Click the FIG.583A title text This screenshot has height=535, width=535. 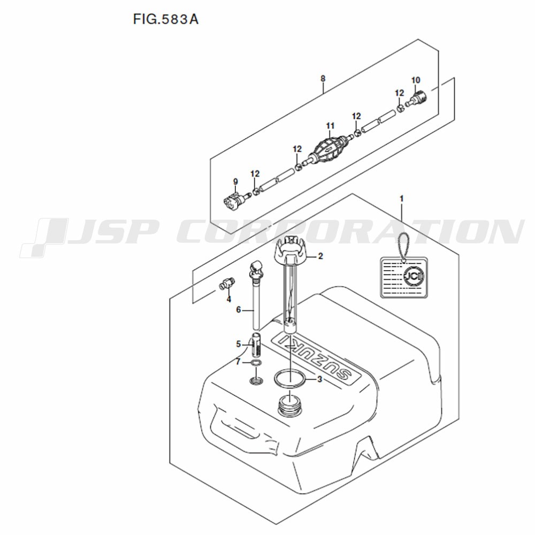[165, 19]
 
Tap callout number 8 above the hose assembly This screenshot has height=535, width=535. [323, 79]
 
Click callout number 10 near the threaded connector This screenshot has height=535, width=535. [416, 80]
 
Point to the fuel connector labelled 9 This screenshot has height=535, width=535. [236, 199]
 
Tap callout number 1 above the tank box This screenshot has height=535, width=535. [402, 198]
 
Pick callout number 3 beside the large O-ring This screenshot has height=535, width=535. [319, 379]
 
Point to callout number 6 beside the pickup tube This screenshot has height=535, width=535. [239, 309]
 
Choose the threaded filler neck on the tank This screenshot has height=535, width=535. [289, 406]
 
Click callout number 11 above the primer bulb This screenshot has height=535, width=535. [330, 126]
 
